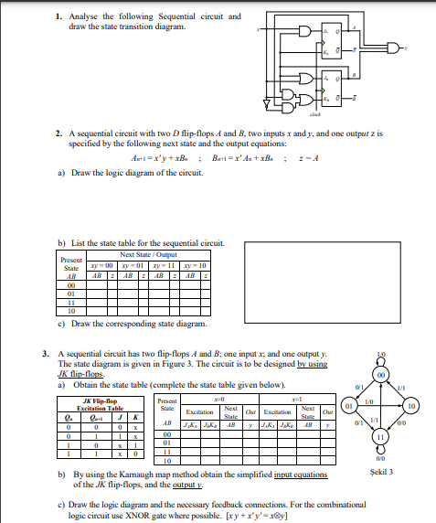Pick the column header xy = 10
click(194, 262)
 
